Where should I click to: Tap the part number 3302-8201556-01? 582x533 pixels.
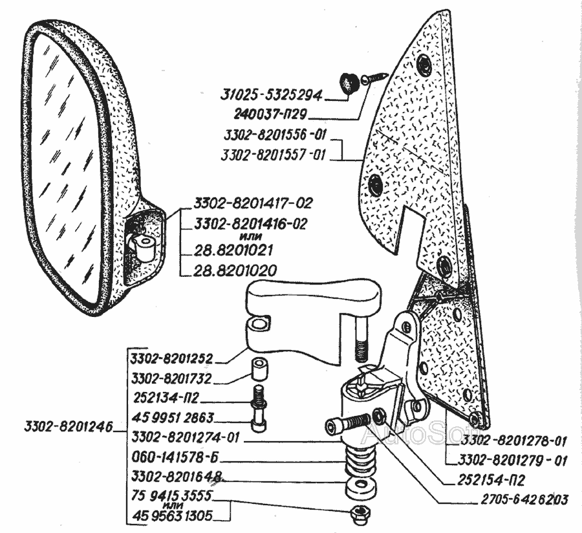point(275,136)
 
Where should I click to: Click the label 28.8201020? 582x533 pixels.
point(235,270)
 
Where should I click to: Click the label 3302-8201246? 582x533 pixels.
point(68,427)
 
